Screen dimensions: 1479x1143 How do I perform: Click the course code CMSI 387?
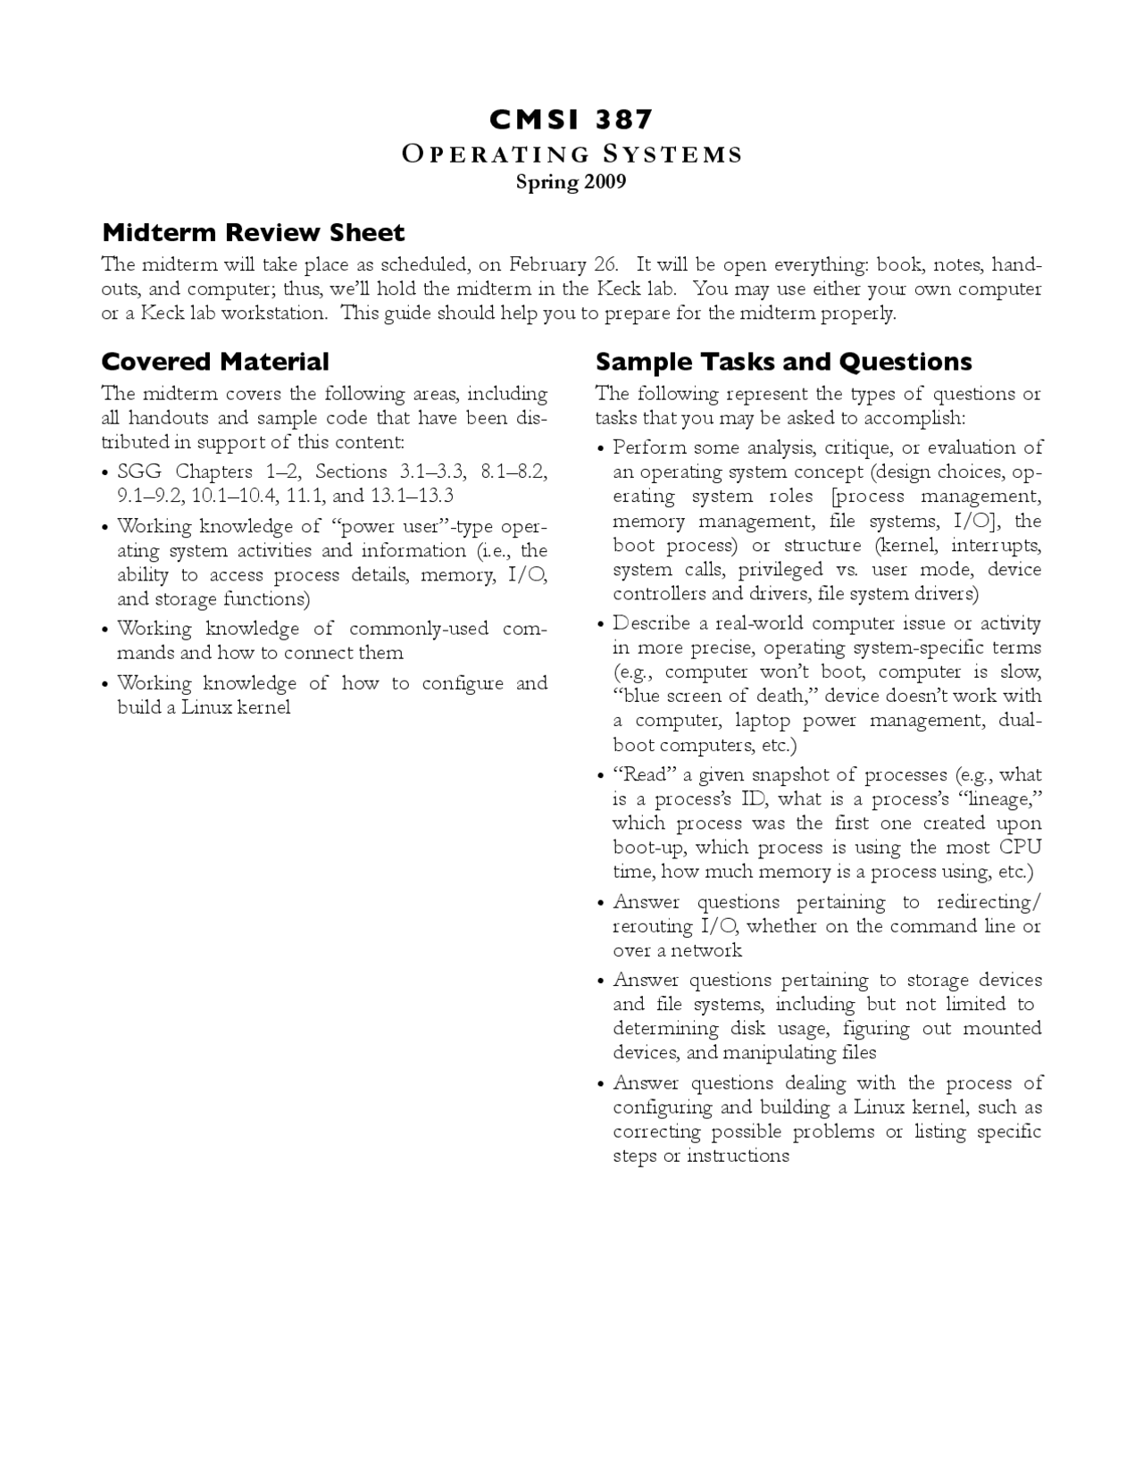pos(571,120)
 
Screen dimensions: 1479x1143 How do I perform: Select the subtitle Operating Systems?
pos(571,155)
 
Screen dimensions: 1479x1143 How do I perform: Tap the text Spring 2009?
pos(571,182)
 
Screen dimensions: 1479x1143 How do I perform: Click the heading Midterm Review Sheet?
pos(254,233)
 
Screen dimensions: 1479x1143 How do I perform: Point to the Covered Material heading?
pos(215,362)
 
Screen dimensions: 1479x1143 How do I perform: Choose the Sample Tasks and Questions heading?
pos(783,362)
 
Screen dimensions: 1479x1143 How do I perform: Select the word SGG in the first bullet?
pos(139,472)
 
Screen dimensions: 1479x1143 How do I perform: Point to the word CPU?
pos(1019,848)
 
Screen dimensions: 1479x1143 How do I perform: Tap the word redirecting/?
pos(989,902)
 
